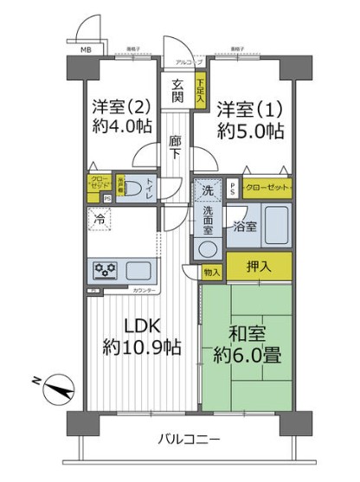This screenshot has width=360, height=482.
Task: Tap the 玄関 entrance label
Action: tap(177, 92)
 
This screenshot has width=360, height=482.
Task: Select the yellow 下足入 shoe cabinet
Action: tap(200, 93)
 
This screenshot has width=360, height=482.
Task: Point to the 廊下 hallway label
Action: tap(176, 145)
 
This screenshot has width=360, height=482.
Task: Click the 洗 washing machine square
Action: tap(207, 189)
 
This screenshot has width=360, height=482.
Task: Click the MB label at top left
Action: tap(85, 48)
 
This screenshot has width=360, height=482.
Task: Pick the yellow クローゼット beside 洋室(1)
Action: tap(267, 186)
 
